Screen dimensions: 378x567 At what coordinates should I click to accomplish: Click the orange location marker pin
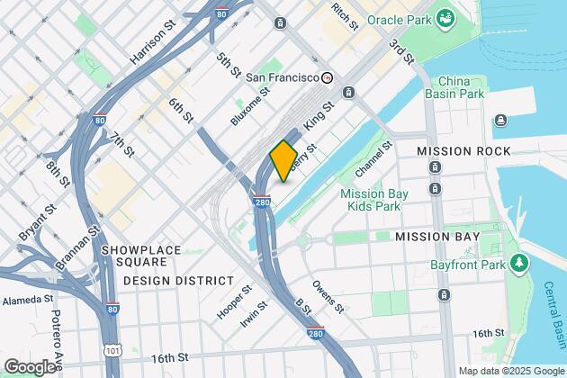(283, 160)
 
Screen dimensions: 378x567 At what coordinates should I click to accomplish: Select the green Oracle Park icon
(444, 17)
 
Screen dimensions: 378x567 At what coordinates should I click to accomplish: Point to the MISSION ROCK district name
(463, 150)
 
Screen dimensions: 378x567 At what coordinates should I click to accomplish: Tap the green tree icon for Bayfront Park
(518, 263)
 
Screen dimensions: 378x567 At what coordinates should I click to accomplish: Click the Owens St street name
(328, 297)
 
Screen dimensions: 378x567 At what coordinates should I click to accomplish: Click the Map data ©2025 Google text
(509, 370)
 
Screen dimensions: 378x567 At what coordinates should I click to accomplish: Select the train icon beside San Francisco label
(328, 77)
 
